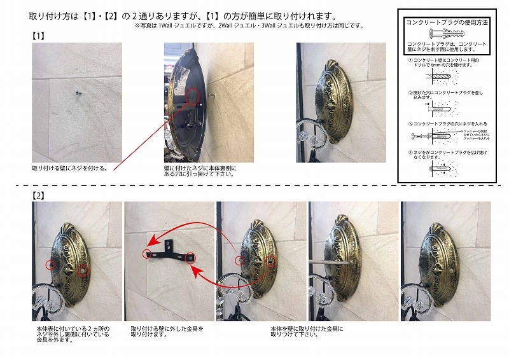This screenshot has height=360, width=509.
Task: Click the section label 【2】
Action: point(39,195)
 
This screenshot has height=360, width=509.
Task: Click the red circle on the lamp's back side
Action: point(193,94)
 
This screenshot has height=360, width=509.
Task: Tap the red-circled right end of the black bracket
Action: point(190,258)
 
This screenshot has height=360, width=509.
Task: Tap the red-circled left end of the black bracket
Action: point(148,253)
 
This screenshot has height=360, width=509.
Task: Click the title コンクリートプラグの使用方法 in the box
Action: point(447,22)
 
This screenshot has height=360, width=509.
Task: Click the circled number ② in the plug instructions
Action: point(410,92)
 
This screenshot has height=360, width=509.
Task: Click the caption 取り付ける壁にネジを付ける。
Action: point(69,169)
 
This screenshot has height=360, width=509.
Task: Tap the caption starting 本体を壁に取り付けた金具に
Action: point(306,331)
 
